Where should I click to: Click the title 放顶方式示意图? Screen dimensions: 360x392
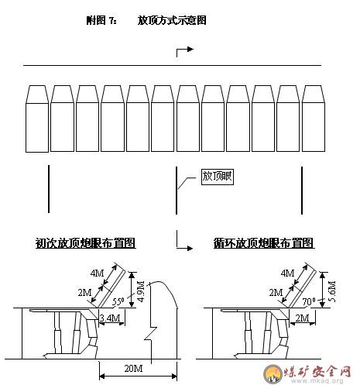pos(172,20)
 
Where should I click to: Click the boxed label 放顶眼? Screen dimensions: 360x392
pos(218,177)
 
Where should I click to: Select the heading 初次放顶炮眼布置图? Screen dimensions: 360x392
pos(86,243)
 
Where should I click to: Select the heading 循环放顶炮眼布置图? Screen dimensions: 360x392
pos(264,243)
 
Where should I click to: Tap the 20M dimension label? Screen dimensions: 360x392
pos(133,368)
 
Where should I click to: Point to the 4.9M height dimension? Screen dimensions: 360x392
pos(141,291)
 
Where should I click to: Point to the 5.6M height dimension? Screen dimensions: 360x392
pos(332,291)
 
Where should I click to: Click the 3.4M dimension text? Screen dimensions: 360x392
pos(110,318)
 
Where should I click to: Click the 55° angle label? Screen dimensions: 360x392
pos(118,301)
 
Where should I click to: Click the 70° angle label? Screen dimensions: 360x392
pos(309,301)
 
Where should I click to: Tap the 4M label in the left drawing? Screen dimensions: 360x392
pos(97,273)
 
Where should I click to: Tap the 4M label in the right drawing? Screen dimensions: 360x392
pos(287,273)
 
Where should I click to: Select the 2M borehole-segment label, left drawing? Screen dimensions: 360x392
pos(84,292)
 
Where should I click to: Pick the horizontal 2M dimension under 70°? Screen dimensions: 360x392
pos(302,318)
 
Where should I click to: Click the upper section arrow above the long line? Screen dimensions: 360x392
pos(185,51)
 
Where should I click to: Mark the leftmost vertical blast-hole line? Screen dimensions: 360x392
pos(49,189)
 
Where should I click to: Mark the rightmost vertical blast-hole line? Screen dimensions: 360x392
pos(302,191)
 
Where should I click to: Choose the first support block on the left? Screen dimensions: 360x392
pos(37,119)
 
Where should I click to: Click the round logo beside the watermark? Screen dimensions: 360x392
pos(273,373)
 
